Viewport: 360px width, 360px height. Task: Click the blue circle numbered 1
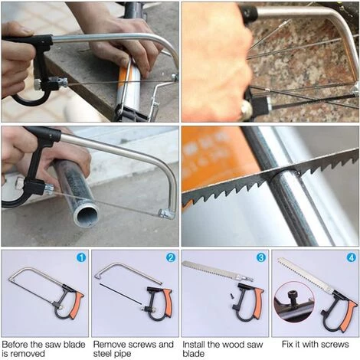[81, 257]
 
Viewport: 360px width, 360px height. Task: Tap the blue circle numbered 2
[171, 257]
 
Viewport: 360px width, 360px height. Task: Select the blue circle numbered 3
[261, 257]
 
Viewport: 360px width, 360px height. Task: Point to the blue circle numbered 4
[352, 257]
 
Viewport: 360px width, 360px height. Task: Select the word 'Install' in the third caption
[194, 344]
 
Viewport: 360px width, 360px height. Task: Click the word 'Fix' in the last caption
[288, 344]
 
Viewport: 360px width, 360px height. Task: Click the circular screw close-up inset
[294, 302]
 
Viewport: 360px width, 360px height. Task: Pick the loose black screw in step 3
[232, 296]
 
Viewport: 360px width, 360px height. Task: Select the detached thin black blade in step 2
[120, 293]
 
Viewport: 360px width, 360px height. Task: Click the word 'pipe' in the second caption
[124, 354]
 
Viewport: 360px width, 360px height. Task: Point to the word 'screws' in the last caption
[335, 344]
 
